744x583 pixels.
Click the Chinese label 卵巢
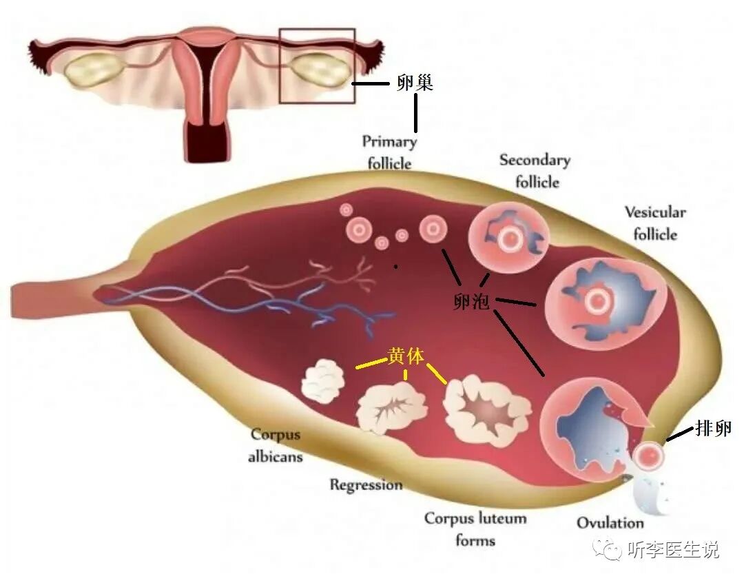click(415, 83)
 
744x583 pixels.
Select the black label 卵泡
click(472, 300)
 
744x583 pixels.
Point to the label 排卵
click(713, 428)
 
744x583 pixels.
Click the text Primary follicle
click(390, 152)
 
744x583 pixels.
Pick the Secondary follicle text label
click(535, 171)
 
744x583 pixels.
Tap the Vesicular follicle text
click(655, 223)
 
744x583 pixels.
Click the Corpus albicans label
click(276, 445)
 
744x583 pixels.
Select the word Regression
click(366, 484)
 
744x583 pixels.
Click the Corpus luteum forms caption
click(475, 529)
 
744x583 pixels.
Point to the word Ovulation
click(610, 522)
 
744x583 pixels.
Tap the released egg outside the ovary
click(648, 455)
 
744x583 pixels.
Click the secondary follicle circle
click(509, 238)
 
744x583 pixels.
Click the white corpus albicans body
click(323, 381)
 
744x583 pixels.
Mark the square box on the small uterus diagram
click(317, 65)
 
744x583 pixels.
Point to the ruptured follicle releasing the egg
click(586, 427)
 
